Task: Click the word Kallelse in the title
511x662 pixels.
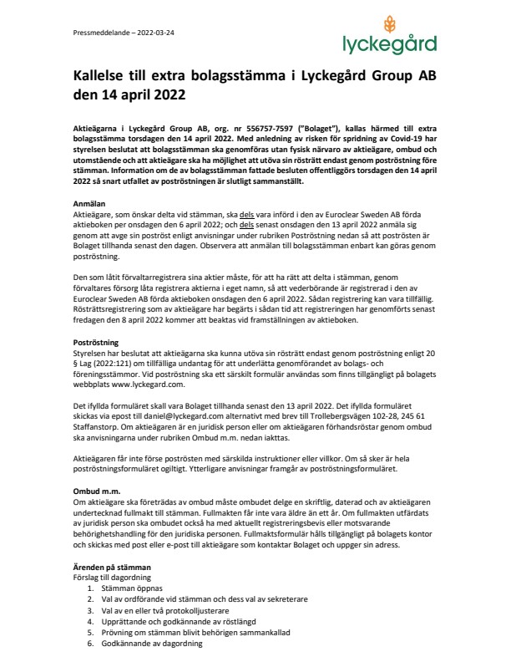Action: click(x=101, y=75)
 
